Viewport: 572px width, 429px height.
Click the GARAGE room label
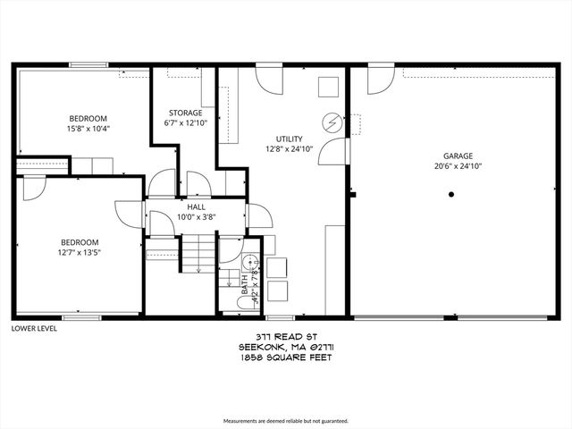point(458,155)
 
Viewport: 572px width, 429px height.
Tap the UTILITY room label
point(289,139)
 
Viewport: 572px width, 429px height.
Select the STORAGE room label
point(185,113)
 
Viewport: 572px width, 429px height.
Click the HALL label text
point(197,206)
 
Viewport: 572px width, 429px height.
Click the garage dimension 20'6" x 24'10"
point(458,165)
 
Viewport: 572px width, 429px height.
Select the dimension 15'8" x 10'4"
point(88,129)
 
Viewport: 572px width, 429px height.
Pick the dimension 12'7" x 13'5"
point(79,252)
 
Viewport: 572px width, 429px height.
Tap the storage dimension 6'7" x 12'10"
point(185,123)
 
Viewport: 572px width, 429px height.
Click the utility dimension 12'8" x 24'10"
point(289,149)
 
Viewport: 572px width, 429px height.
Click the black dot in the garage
point(453,194)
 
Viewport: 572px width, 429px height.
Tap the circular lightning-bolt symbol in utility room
point(332,120)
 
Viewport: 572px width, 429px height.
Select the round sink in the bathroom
point(251,263)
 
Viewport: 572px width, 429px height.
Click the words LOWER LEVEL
point(35,328)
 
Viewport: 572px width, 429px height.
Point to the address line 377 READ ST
point(285,337)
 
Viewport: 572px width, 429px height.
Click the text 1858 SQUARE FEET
point(285,357)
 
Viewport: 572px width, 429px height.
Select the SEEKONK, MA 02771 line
point(285,347)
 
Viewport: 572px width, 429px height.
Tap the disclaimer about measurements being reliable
point(285,420)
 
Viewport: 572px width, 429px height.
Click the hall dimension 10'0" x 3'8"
point(197,216)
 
